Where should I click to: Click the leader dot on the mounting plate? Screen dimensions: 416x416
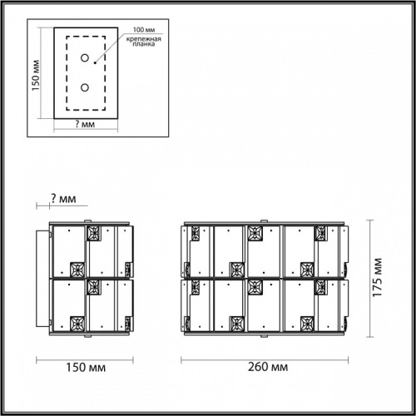pyautogui.click(x=96, y=60)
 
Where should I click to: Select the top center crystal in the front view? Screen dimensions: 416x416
pyautogui.click(x=255, y=234)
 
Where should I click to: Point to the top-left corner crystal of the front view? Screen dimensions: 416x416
pyautogui.click(x=196, y=234)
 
